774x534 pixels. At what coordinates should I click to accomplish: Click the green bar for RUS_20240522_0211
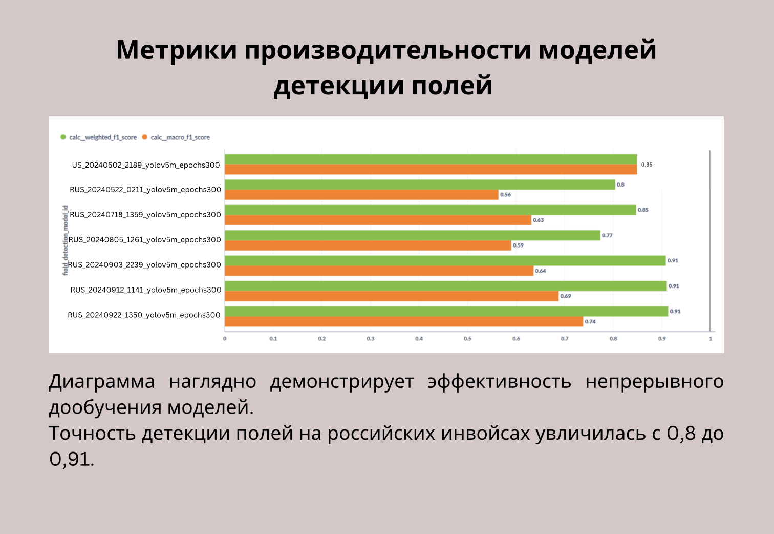pos(420,184)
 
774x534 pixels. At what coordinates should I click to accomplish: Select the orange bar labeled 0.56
pos(361,195)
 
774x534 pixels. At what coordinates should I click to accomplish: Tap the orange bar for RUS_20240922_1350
pos(404,322)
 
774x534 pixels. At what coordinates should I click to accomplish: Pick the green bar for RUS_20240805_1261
pos(413,236)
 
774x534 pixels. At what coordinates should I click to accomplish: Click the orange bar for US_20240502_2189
pos(431,170)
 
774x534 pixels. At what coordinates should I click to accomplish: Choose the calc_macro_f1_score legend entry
pos(176,137)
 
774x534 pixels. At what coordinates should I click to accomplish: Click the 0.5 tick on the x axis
pos(467,339)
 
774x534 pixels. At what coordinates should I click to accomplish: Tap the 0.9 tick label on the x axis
pos(662,339)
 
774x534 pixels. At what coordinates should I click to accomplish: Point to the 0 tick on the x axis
pos(225,339)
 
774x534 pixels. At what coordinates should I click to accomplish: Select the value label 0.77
pos(607,236)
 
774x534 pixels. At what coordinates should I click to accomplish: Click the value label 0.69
pos(566,296)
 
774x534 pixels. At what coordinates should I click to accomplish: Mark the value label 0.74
pos(590,322)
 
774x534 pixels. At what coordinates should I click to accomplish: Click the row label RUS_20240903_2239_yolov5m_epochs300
pos(144,265)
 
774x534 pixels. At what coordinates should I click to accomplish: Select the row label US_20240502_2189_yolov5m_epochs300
pos(146,166)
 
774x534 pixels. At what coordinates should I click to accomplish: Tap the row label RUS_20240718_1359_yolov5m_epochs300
pos(145,215)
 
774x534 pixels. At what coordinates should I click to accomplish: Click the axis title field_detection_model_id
pos(65,240)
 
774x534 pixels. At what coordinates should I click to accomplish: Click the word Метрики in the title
pos(177,50)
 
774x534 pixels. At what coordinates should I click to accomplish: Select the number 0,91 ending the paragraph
pos(72,459)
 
